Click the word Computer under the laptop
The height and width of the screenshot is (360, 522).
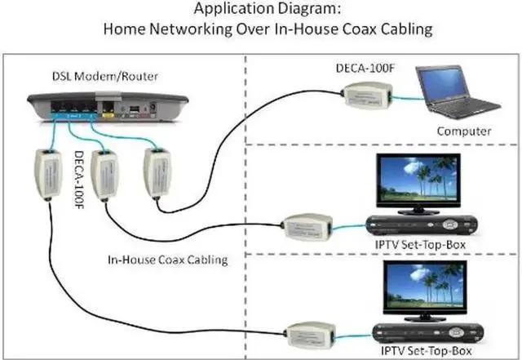click(462, 131)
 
